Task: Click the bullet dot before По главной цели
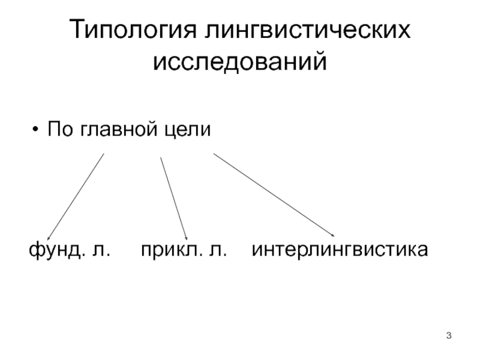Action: click(x=37, y=130)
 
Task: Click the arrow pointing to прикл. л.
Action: click(x=174, y=197)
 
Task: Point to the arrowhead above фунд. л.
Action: click(x=49, y=237)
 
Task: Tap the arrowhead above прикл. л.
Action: click(x=187, y=238)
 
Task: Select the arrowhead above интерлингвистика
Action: click(x=332, y=235)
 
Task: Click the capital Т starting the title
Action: click(x=77, y=31)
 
